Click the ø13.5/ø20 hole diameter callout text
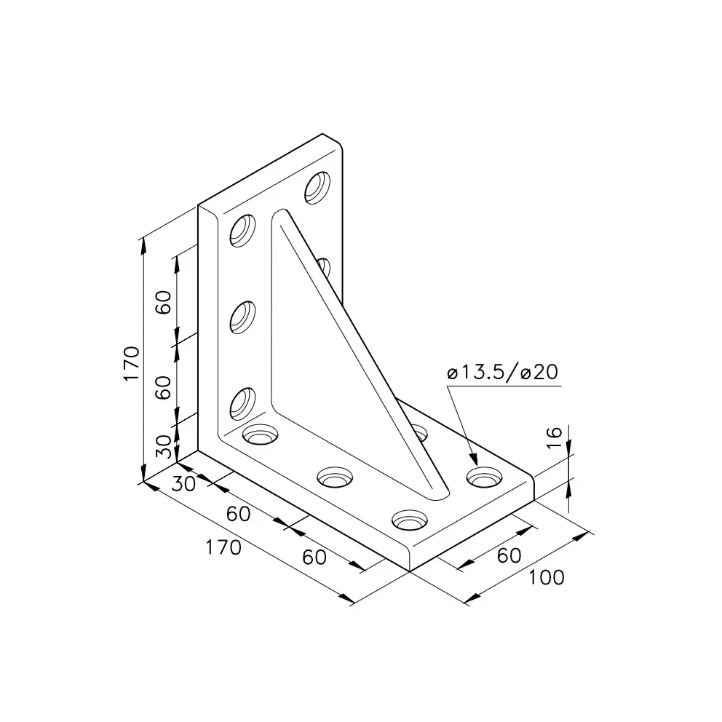pos(502,372)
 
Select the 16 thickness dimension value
pos(554,437)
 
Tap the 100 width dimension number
pos(546,577)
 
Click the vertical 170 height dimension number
pos(132,363)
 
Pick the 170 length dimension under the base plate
pos(223,547)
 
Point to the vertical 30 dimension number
pos(164,447)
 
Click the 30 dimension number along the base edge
pos(183,484)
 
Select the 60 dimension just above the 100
pos(509,556)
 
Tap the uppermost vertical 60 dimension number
pos(164,303)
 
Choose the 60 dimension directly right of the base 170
pos(314,558)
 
